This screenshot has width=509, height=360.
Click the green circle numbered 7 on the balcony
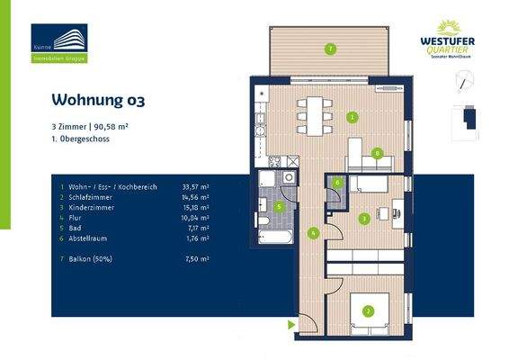point(330,49)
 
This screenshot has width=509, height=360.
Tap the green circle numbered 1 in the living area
point(353,117)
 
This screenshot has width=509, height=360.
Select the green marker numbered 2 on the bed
point(367,312)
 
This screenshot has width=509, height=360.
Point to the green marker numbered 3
point(363,218)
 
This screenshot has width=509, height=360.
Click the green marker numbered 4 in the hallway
point(312,233)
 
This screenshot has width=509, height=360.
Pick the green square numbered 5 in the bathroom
point(279,206)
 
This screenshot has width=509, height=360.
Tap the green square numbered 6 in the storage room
point(337,183)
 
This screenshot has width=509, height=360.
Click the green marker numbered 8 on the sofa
point(378,153)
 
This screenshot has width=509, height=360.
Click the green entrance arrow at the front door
point(291,325)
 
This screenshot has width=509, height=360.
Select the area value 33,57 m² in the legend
point(195,187)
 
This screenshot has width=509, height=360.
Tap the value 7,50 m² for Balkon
point(197,258)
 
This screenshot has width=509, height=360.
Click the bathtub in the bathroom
point(274,238)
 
